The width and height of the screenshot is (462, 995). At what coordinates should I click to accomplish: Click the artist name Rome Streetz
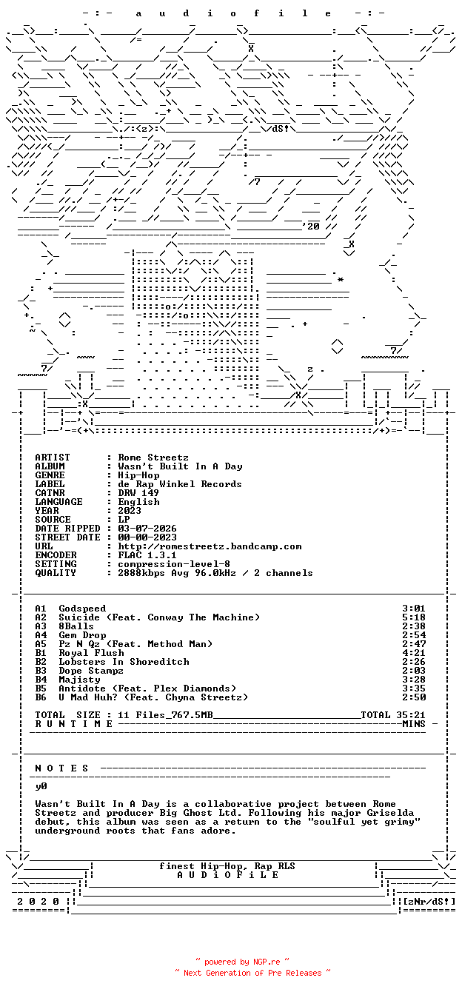tap(153, 458)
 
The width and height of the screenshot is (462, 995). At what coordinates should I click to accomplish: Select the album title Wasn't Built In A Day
tap(180, 466)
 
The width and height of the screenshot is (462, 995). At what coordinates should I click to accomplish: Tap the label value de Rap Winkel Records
tap(180, 484)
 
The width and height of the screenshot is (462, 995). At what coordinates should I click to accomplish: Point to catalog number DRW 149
tap(138, 493)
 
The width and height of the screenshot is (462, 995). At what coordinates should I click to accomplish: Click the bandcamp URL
tap(210, 546)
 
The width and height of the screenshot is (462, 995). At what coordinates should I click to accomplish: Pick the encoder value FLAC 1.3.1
tap(147, 555)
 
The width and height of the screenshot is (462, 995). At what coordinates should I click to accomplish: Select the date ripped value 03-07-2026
tap(147, 529)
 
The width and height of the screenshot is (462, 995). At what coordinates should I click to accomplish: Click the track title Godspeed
tap(82, 609)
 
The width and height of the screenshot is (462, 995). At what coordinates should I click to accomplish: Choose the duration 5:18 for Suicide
tap(414, 617)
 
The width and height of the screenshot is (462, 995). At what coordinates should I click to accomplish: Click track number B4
tap(41, 680)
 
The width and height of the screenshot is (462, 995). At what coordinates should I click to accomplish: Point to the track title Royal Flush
tap(91, 653)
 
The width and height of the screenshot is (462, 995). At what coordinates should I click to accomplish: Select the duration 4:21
tap(414, 653)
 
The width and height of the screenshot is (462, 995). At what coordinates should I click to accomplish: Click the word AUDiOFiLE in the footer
tap(228, 875)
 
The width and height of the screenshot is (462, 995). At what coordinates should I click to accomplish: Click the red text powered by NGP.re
tap(242, 962)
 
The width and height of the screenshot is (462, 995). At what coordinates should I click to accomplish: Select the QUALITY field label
tap(56, 573)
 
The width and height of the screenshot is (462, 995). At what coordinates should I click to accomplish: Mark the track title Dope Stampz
tap(91, 671)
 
